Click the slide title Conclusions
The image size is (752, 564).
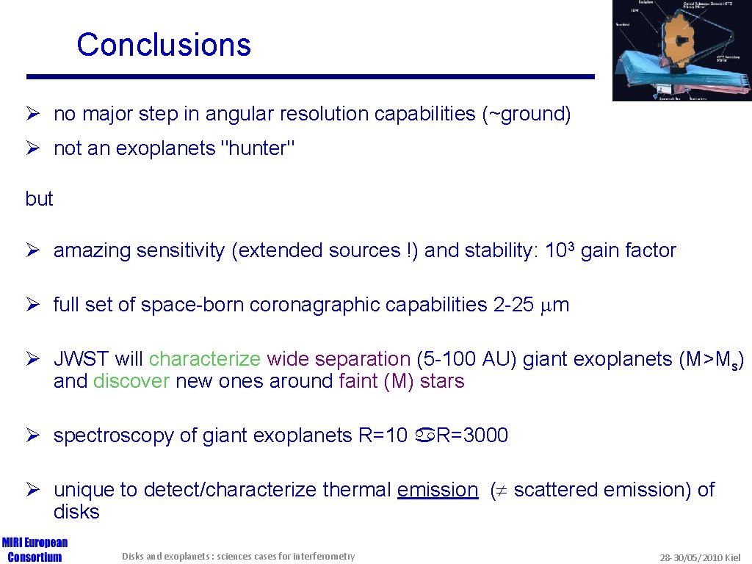(163, 45)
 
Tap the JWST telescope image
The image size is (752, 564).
(681, 50)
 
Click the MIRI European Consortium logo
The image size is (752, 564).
(35, 549)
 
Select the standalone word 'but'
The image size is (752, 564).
(39, 199)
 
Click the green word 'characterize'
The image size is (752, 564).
(205, 359)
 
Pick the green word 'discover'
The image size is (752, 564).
(131, 381)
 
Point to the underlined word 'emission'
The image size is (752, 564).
(437, 490)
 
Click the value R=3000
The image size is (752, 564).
(472, 435)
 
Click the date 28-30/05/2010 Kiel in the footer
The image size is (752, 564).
(701, 557)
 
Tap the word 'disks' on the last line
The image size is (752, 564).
(76, 512)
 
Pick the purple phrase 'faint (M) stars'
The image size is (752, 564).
(402, 381)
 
